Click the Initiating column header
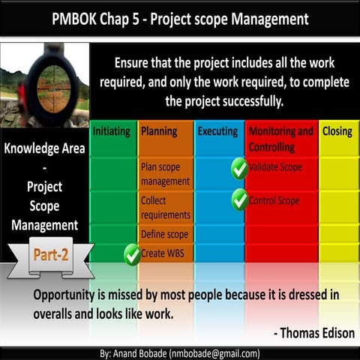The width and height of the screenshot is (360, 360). coord(113,131)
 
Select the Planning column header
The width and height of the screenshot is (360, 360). coord(159,131)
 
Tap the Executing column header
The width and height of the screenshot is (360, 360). coord(217,131)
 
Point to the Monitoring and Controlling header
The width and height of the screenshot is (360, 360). coord(280,138)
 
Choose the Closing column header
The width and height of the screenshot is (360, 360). coord(337,131)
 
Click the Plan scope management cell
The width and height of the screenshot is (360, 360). coord(165,174)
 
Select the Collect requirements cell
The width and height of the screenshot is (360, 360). coord(165,208)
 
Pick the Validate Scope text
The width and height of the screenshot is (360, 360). coord(275,167)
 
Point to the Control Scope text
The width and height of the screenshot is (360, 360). coord(274,201)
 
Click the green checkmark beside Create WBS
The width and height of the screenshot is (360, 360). coord(133,254)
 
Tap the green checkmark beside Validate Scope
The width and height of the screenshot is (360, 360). coord(239,168)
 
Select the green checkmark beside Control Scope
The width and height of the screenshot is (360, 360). coord(239,199)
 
